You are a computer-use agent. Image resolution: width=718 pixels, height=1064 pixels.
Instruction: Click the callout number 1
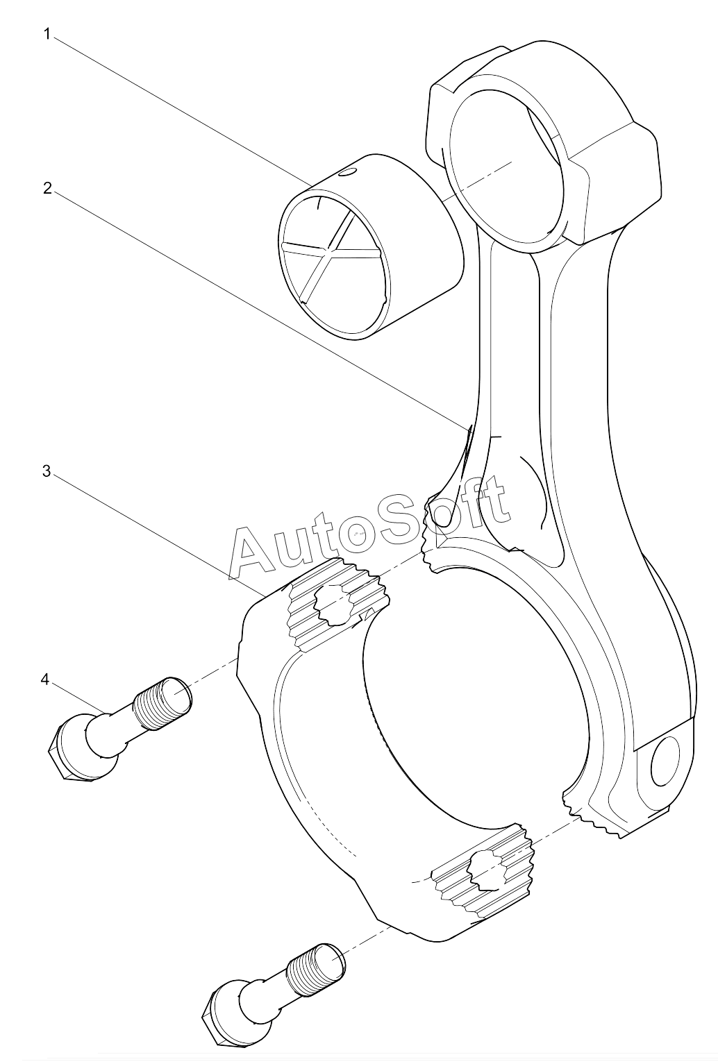click(x=47, y=34)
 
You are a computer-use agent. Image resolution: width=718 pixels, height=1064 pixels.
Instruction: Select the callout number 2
click(x=47, y=188)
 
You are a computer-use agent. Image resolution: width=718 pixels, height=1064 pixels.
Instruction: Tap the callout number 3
click(x=46, y=471)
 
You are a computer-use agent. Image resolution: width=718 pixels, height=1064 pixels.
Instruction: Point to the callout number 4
click(x=44, y=679)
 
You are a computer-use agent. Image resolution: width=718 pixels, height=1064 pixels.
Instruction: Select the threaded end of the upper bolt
click(x=163, y=702)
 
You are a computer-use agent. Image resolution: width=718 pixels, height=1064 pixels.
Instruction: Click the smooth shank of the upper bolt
click(x=114, y=726)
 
